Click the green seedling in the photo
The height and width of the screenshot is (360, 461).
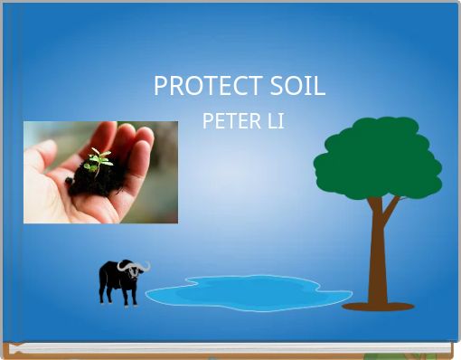click(x=99, y=160)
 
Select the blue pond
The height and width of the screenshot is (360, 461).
click(x=249, y=293)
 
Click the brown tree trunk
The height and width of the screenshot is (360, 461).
click(x=378, y=262)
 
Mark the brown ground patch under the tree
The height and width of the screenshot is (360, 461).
click(x=378, y=307)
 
